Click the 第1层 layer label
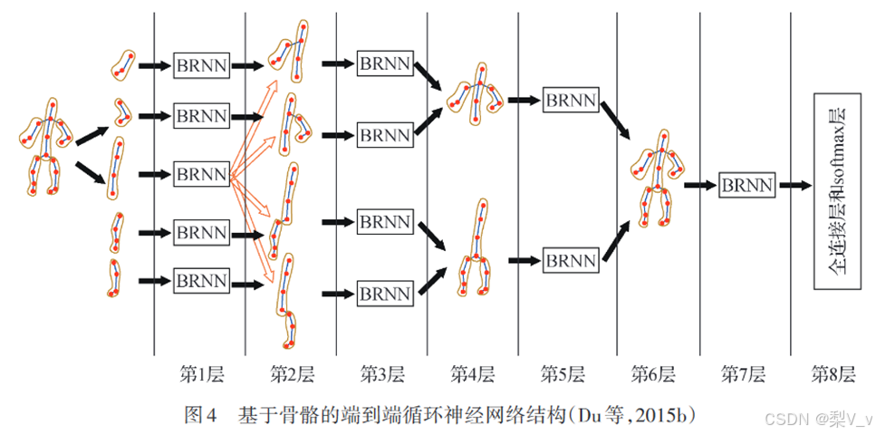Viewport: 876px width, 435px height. [201, 373]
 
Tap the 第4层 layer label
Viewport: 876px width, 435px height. [473, 373]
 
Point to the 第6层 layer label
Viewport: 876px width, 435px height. [654, 373]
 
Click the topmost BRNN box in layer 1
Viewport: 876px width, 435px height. [201, 65]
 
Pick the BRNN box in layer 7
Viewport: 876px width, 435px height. [747, 186]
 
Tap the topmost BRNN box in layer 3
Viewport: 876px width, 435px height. [385, 63]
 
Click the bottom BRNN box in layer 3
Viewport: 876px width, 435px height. [385, 294]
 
